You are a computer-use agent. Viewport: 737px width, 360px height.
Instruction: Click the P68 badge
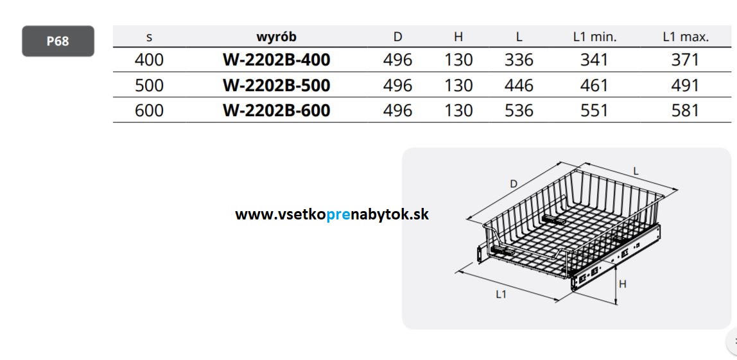[58, 41]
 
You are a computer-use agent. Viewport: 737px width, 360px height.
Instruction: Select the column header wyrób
[276, 37]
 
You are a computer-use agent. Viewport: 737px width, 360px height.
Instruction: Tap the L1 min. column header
[594, 37]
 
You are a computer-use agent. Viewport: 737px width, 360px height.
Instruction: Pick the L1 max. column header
[686, 37]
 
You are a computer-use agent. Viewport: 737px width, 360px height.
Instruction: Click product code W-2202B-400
[276, 60]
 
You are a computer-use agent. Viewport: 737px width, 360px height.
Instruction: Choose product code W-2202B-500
[276, 85]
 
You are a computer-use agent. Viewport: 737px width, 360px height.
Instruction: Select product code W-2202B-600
[276, 110]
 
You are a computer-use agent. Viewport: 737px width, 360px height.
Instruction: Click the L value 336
[519, 60]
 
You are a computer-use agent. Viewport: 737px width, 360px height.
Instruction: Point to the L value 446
[519, 85]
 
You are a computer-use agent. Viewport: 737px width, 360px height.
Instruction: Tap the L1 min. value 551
[594, 110]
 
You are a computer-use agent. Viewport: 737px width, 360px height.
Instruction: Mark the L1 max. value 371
[685, 60]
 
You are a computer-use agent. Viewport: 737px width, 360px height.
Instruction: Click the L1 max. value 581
[685, 110]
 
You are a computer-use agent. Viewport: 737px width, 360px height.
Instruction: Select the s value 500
[149, 85]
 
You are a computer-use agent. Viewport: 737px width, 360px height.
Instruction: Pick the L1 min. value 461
[594, 85]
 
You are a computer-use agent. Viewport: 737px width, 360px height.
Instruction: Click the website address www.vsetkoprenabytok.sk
[332, 214]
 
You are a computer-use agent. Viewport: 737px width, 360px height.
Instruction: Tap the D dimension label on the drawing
[514, 184]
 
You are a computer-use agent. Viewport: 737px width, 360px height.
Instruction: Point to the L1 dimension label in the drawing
[501, 295]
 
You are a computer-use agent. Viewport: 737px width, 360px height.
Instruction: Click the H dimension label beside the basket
[622, 284]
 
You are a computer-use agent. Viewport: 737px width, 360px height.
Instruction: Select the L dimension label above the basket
[636, 171]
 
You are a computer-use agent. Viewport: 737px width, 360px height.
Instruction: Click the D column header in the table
[397, 37]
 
